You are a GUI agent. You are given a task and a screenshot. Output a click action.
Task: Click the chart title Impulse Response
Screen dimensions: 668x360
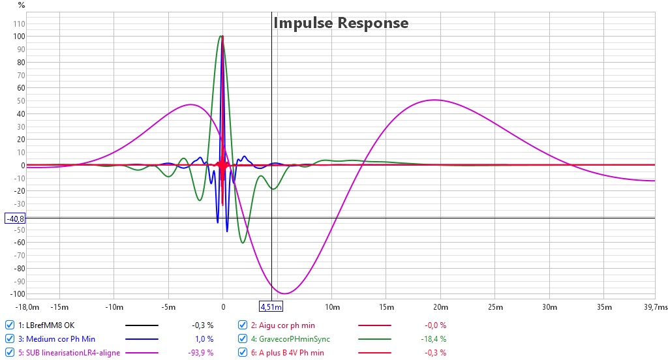coord(341,23)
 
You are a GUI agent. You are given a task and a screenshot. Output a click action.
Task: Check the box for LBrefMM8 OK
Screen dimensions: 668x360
coord(9,325)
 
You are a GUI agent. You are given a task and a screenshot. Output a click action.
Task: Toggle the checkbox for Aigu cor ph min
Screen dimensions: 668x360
coord(243,325)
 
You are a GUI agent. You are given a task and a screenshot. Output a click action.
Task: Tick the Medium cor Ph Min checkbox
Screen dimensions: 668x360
coord(9,338)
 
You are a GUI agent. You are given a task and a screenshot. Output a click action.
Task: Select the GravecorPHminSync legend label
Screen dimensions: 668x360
coord(294,339)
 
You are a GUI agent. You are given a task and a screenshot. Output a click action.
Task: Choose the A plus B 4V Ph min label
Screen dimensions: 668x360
coord(292,353)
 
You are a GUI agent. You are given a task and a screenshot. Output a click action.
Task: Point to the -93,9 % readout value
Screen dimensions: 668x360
coord(201,353)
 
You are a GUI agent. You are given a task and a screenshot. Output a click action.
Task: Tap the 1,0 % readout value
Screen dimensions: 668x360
coord(204,339)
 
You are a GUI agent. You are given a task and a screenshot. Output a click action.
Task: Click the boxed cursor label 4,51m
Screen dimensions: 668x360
coord(271,307)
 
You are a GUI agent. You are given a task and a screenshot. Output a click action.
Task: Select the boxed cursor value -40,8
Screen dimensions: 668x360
coord(15,218)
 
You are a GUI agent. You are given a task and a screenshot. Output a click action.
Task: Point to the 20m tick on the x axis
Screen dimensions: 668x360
coord(440,307)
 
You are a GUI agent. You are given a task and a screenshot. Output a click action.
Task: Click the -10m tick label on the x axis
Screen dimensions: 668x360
coord(114,307)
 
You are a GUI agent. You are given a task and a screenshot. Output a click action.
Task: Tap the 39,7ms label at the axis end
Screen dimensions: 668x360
coord(655,307)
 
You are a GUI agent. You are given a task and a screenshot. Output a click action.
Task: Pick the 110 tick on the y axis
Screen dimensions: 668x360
coord(19,24)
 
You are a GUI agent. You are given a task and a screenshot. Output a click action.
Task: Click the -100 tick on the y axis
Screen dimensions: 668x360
coord(18,294)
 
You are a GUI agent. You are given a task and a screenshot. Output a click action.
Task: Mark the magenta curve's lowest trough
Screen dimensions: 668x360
coord(284,293)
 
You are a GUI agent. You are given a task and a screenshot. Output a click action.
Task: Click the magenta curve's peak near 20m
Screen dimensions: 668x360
coord(434,100)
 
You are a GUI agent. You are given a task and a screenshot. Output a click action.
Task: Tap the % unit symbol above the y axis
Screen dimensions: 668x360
coord(22,5)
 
